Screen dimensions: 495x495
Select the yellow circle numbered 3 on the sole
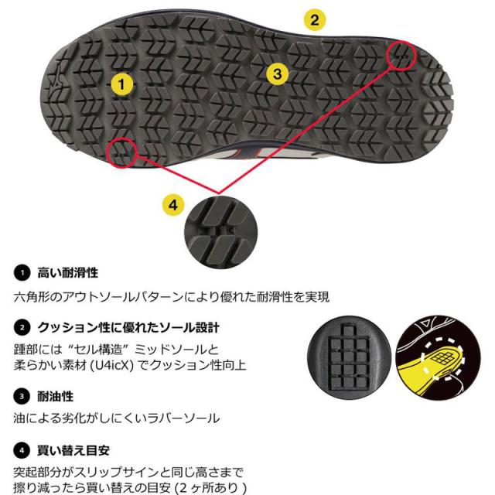pyautogui.click(x=278, y=73)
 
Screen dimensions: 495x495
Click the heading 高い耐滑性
pyautogui.click(x=69, y=272)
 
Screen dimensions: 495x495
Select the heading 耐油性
pyautogui.click(x=55, y=395)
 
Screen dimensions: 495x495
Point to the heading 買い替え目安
pyautogui.click(x=76, y=449)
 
